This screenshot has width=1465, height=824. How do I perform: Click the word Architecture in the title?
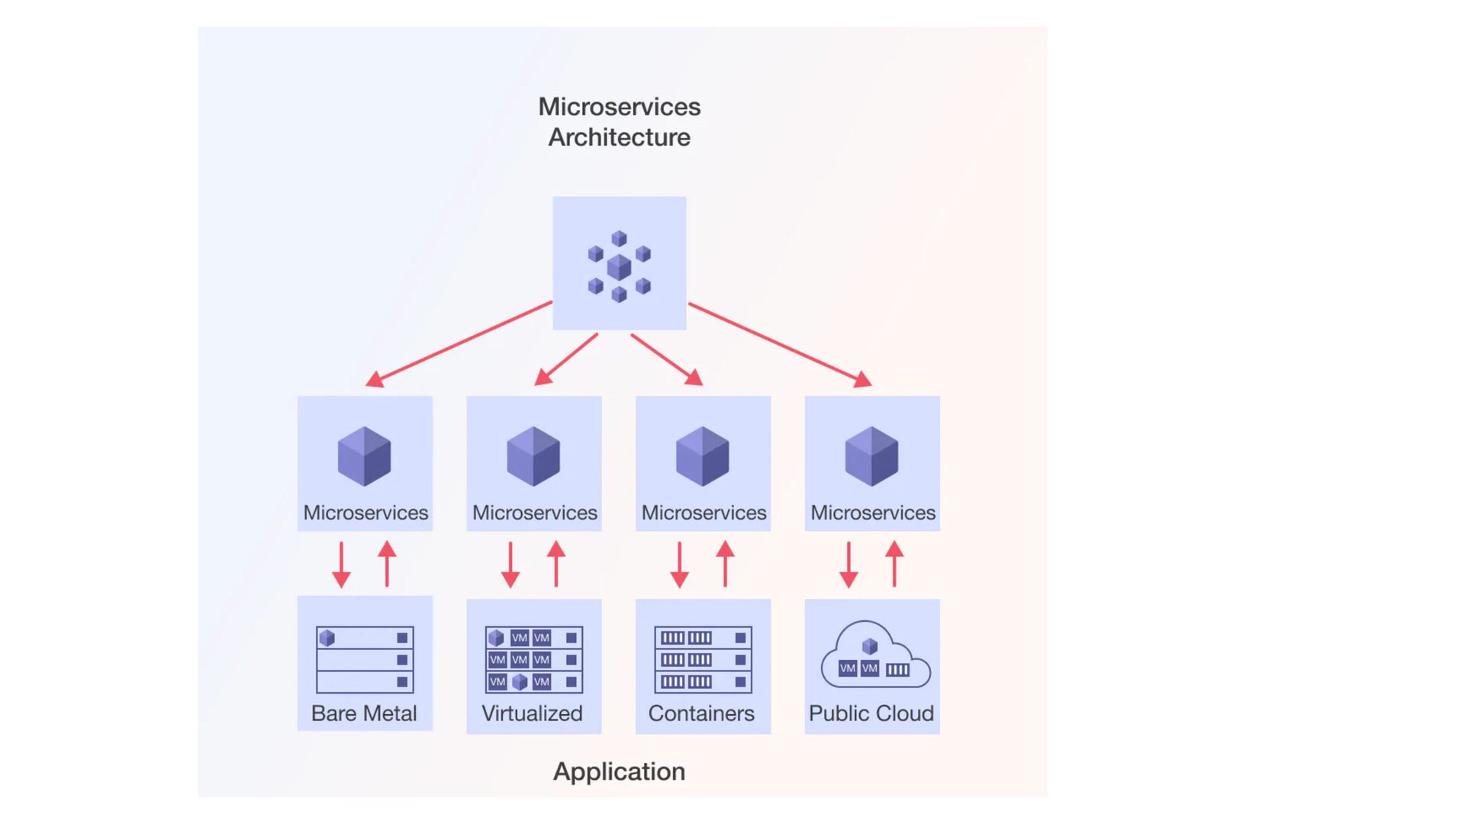(619, 137)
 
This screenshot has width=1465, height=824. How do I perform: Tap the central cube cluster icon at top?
(619, 266)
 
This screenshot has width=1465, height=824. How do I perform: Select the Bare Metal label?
(364, 713)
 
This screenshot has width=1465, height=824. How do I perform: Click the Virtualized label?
(533, 713)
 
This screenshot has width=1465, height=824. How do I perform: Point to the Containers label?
(701, 713)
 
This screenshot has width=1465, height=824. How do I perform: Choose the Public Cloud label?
(871, 713)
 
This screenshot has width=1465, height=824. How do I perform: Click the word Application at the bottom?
(619, 772)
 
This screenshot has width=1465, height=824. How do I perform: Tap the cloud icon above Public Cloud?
(875, 654)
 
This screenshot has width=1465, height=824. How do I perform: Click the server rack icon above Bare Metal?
(365, 660)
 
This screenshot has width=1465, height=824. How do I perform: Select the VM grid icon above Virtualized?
(534, 660)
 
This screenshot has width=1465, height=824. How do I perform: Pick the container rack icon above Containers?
(704, 660)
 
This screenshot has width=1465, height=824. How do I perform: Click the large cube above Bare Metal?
(365, 456)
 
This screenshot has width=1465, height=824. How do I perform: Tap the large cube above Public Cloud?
(872, 456)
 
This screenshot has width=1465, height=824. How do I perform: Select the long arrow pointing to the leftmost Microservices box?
(459, 343)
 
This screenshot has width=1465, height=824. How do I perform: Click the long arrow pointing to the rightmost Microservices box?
(780, 345)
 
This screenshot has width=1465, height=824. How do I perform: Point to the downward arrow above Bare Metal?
(341, 565)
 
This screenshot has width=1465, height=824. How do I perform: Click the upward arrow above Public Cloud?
(895, 564)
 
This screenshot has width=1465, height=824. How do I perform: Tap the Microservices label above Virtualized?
(535, 513)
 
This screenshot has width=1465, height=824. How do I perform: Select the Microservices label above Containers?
(704, 513)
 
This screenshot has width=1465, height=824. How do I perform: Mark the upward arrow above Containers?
(726, 564)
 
